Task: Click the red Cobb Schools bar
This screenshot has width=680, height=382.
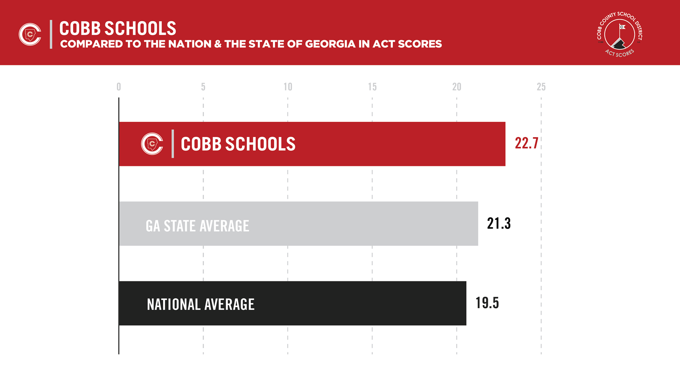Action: (x=382, y=144)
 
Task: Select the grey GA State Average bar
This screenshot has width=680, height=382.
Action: (x=340, y=224)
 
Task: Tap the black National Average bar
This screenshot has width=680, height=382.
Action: (x=340, y=303)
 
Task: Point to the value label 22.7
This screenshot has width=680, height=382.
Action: (x=527, y=143)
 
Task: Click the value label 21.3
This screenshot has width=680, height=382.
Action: (x=499, y=223)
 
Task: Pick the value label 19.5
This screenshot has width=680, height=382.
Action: (x=487, y=303)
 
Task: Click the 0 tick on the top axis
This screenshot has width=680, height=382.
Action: (x=119, y=87)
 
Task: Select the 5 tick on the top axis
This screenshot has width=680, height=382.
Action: (x=203, y=87)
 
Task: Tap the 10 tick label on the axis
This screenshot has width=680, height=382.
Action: (x=288, y=87)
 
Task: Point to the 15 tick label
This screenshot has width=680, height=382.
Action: (x=372, y=87)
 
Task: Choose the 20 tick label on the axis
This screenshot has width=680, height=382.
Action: (x=456, y=87)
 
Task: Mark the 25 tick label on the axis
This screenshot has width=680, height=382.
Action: (x=541, y=87)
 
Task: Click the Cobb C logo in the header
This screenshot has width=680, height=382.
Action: (x=30, y=34)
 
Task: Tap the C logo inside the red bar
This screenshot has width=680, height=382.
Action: (x=152, y=144)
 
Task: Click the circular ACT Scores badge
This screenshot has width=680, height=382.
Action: (x=620, y=34)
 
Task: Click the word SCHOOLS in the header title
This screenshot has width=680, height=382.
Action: (x=140, y=29)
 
